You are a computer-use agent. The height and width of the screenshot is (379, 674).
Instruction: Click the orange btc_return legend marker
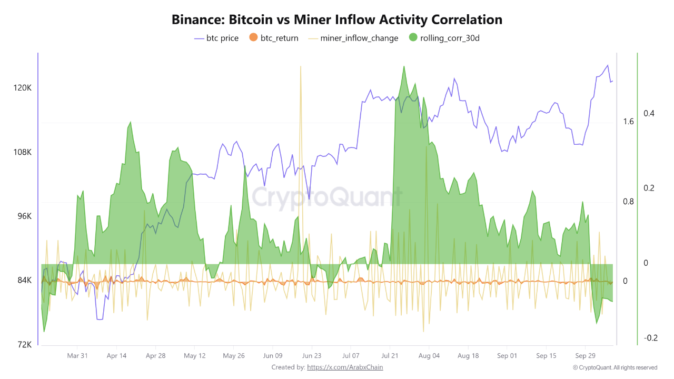pyautogui.click(x=253, y=38)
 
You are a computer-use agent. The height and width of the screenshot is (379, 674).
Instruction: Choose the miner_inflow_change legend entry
pyautogui.click(x=359, y=38)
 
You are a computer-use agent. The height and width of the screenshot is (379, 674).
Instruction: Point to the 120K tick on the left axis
pyautogui.click(x=23, y=88)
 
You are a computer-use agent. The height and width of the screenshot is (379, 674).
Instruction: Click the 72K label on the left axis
pyautogui.click(x=25, y=344)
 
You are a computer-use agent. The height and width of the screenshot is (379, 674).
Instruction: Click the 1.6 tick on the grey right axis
pyautogui.click(x=628, y=122)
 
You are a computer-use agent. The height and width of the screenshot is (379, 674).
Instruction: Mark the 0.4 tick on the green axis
pyautogui.click(x=648, y=113)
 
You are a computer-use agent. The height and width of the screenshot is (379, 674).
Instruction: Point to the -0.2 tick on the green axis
pyautogui.click(x=650, y=337)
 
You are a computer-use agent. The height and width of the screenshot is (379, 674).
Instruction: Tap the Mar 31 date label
pyautogui.click(x=77, y=356)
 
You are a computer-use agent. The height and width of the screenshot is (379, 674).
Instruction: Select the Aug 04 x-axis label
pyautogui.click(x=429, y=356)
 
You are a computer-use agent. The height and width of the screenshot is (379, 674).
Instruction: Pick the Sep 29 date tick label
pyautogui.click(x=585, y=356)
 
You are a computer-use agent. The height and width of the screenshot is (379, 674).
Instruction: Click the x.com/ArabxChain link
pyautogui.click(x=345, y=367)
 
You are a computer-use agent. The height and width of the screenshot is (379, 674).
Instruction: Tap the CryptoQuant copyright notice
pyautogui.click(x=615, y=367)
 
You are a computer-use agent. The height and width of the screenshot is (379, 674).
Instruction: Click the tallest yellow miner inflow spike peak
pyautogui.click(x=300, y=67)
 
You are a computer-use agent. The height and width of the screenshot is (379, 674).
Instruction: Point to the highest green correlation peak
pyautogui.click(x=404, y=66)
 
